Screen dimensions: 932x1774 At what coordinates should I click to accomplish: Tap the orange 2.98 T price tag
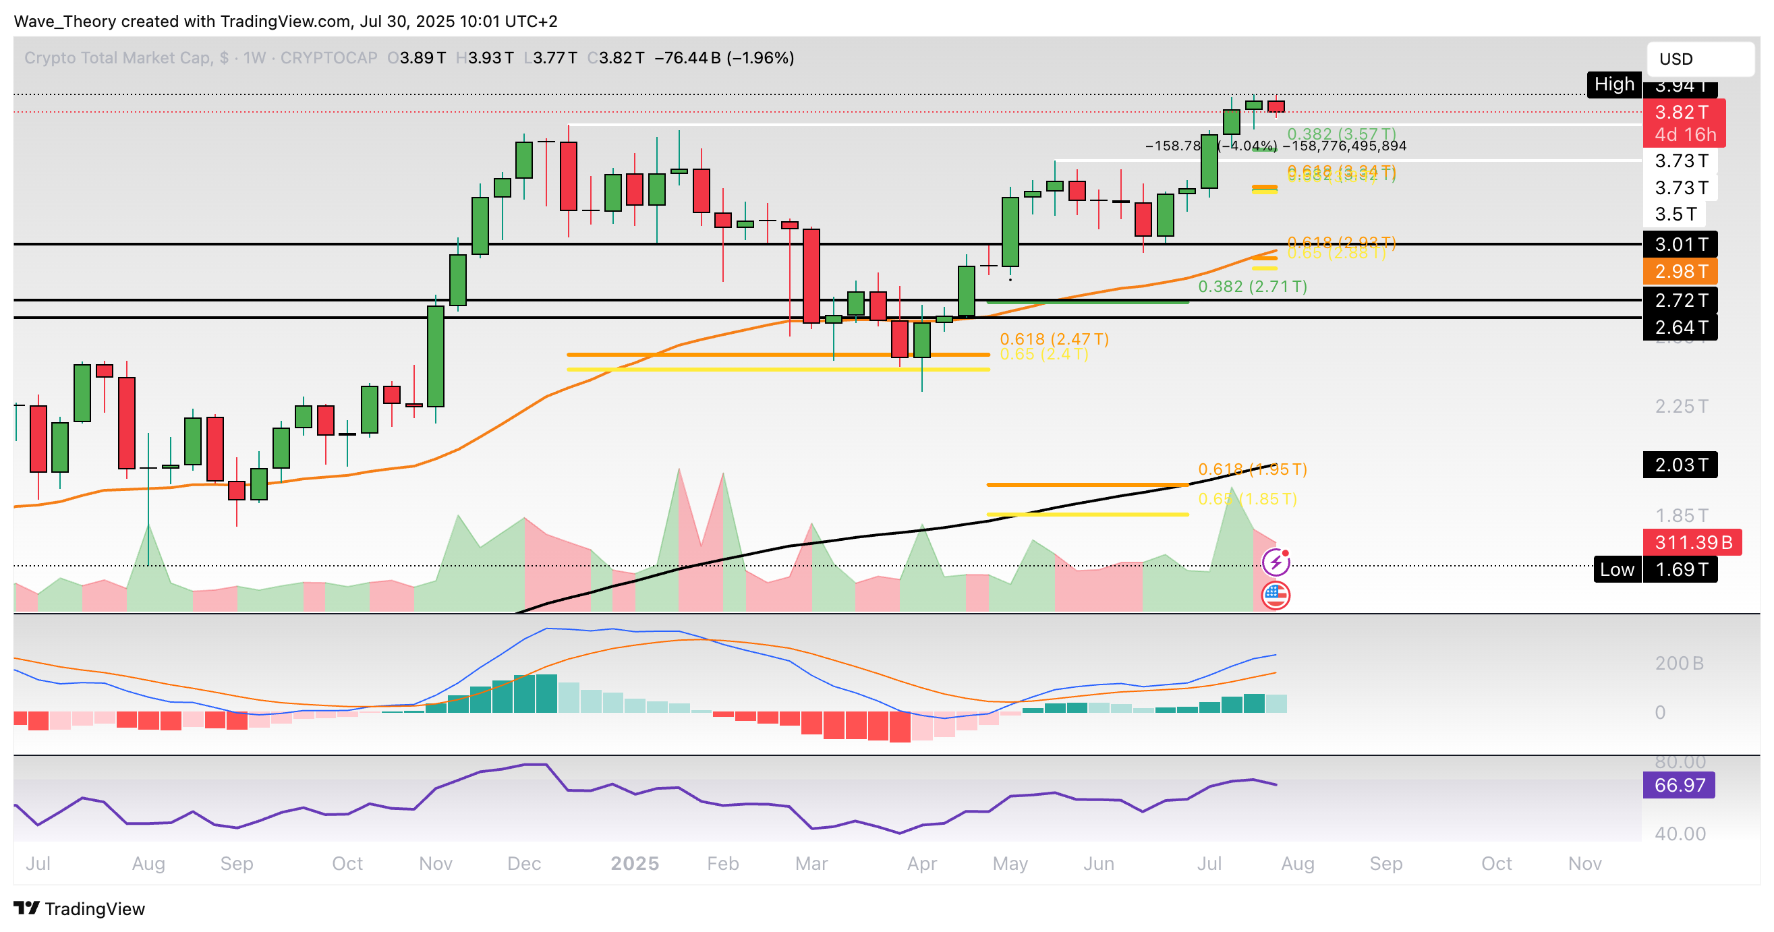point(1680,271)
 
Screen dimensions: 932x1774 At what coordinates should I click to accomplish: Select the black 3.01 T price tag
point(1680,244)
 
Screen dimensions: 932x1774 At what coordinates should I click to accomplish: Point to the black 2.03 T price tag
point(1680,465)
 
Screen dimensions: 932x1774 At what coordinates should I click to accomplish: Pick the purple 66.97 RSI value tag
point(1678,786)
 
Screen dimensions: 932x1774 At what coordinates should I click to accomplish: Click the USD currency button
point(1700,59)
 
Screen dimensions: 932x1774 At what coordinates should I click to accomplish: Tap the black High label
point(1613,85)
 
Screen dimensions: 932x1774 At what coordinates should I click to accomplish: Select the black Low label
point(1616,570)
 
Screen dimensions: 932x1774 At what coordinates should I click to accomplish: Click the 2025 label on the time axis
point(634,864)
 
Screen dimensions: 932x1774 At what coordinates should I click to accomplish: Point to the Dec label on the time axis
point(523,864)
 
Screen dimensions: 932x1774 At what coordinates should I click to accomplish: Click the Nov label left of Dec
point(435,864)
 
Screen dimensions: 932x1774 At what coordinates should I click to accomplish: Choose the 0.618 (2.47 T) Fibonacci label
point(1054,339)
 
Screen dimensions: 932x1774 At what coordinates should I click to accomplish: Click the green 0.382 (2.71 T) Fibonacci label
point(1252,287)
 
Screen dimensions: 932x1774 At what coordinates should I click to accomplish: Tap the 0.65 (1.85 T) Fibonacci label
point(1247,499)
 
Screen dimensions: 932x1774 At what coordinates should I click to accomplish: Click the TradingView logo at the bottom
point(79,909)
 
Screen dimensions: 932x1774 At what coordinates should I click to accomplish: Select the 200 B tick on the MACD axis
point(1679,664)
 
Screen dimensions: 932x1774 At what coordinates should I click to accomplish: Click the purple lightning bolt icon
point(1276,563)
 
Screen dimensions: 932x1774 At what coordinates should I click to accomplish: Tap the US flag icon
point(1276,595)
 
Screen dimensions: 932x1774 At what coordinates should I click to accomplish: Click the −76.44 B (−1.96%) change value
point(724,58)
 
